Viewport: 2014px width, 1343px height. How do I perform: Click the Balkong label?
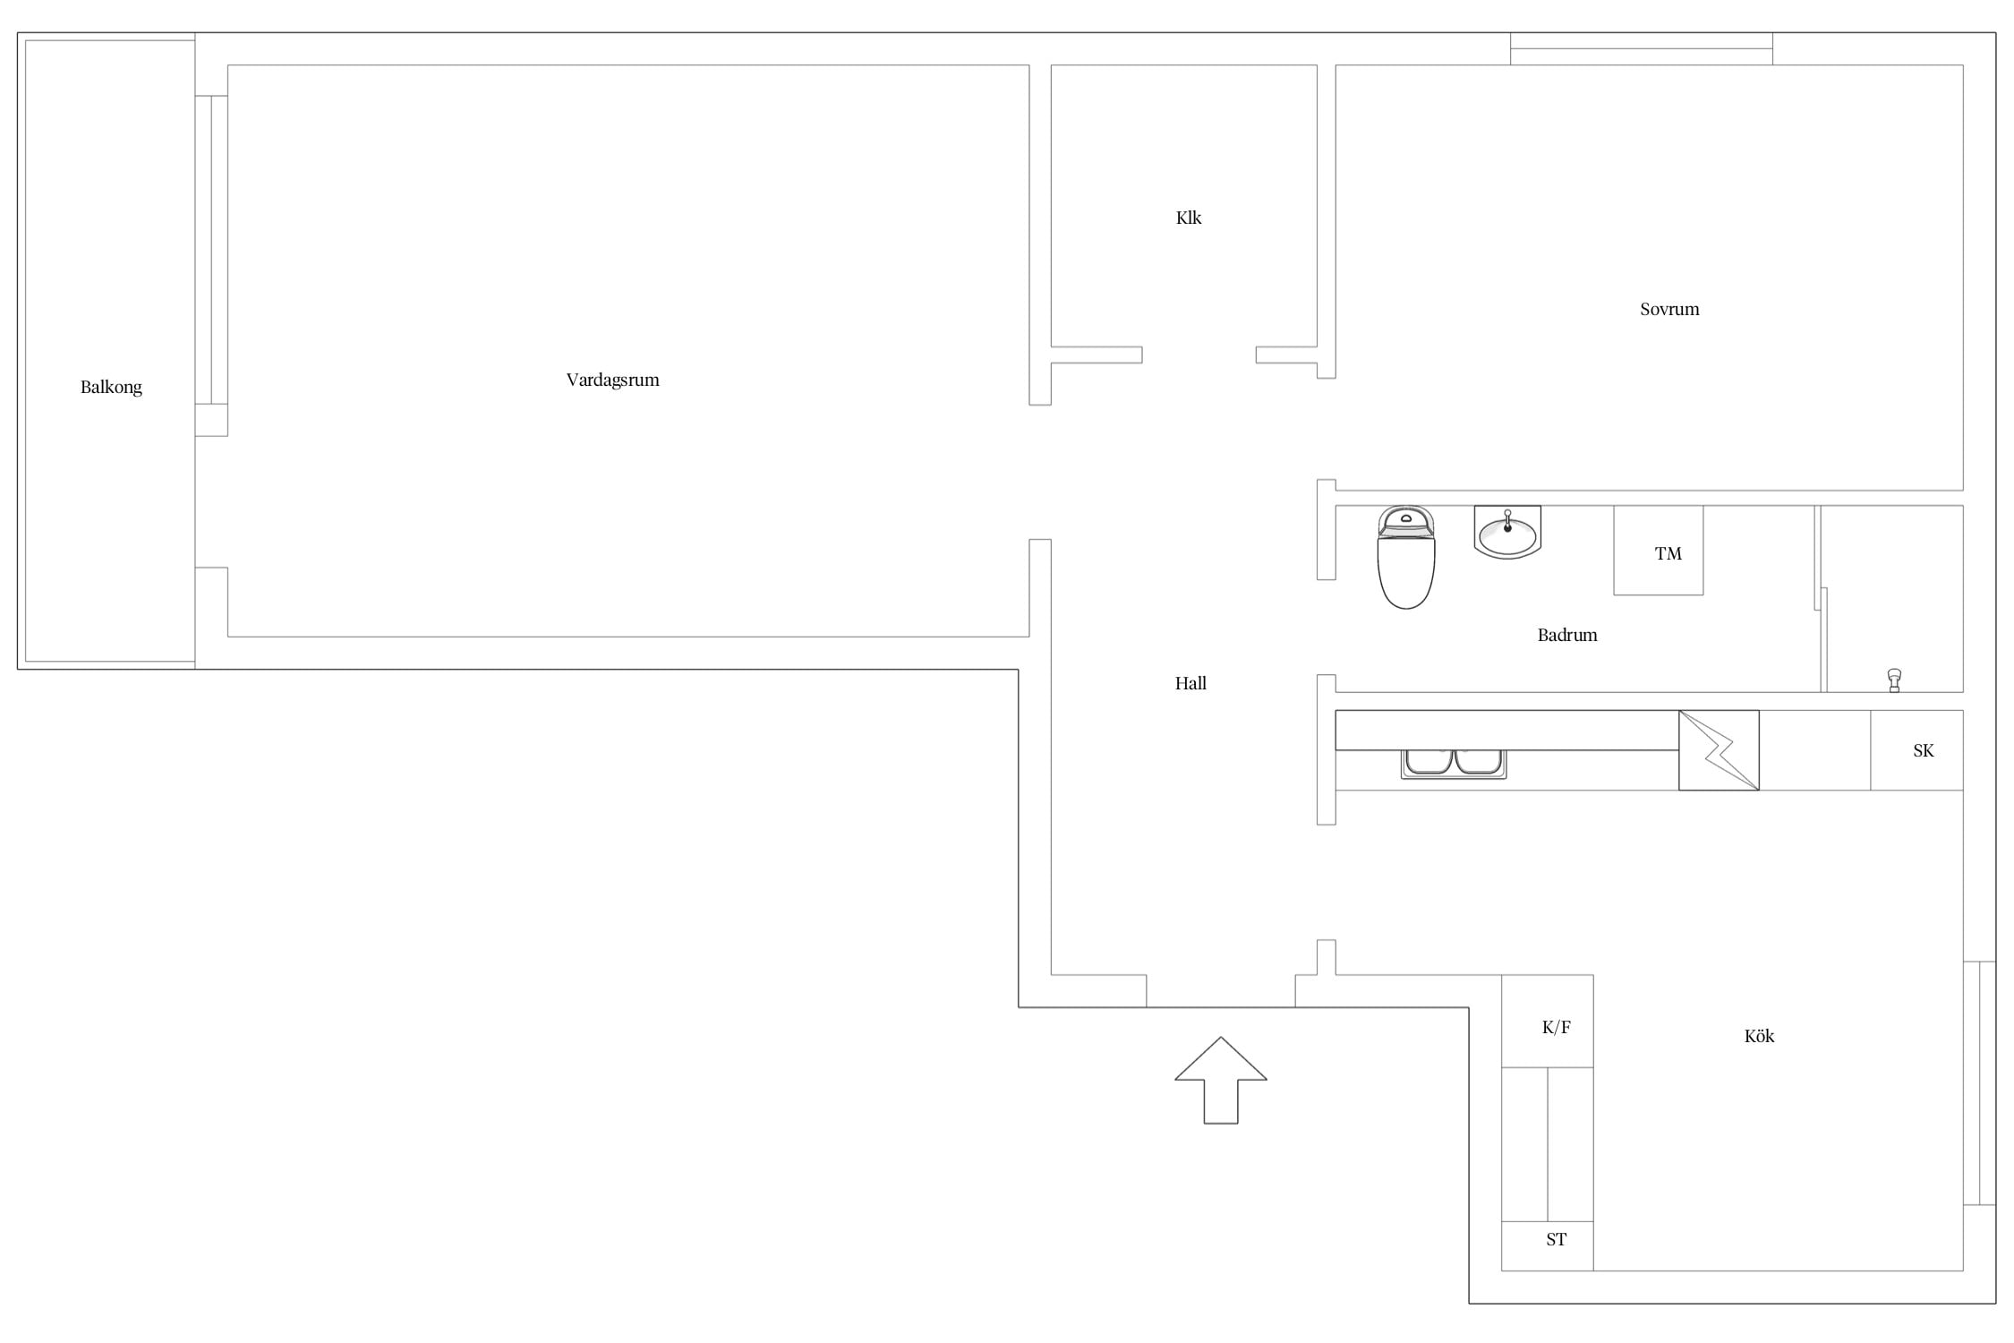click(111, 388)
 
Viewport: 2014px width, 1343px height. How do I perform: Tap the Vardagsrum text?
click(612, 381)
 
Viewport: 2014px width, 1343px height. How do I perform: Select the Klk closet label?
click(1188, 218)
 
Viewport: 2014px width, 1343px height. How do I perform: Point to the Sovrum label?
click(1668, 309)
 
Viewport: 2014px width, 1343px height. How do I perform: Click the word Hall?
click(1190, 683)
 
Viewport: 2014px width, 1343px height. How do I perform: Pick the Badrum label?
click(1566, 635)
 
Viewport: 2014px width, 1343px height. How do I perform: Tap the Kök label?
click(1759, 1036)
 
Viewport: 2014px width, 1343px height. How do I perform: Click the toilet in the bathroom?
click(1405, 557)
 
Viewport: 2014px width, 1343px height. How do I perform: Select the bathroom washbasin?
click(1507, 532)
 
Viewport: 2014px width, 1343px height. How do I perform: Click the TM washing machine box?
click(1658, 550)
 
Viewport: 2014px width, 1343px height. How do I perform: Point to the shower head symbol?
click(1894, 680)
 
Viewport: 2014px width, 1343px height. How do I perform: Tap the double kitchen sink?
click(1453, 764)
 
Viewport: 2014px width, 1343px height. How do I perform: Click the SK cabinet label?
click(1923, 750)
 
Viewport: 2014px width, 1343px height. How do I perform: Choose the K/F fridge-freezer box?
click(1547, 1021)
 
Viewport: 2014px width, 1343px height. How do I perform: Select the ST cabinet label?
click(1556, 1239)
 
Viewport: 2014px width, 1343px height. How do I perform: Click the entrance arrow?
click(1220, 1080)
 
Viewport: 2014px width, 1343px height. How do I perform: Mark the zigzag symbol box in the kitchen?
click(1718, 750)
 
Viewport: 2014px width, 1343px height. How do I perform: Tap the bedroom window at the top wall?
click(1641, 48)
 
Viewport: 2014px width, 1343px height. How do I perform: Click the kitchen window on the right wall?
click(1979, 1083)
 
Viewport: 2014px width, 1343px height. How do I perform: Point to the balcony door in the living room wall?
click(211, 250)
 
